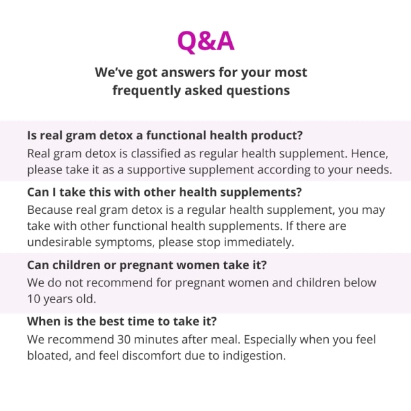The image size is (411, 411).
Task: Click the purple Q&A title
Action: point(205,41)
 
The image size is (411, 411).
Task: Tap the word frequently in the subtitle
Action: point(146,91)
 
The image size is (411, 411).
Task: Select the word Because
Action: point(50,210)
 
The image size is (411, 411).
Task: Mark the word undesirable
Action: point(59,242)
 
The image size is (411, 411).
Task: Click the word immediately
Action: point(259,242)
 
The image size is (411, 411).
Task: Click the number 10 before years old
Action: point(34,299)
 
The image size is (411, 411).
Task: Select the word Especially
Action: point(270,340)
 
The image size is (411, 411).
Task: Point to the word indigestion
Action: point(254,356)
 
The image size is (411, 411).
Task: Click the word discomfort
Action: point(152,356)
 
